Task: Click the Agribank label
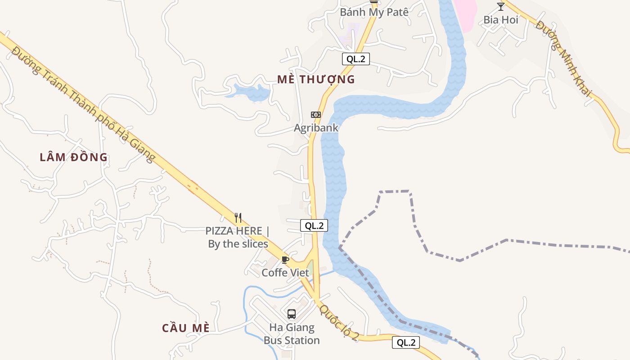(316, 128)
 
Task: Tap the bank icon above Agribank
(316, 115)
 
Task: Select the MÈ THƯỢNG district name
(316, 80)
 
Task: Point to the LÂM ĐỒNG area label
(74, 157)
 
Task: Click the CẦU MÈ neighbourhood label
(186, 328)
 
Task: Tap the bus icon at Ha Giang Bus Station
(292, 314)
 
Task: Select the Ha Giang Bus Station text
(292, 334)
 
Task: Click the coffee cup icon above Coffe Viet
(285, 260)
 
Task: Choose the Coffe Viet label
(285, 273)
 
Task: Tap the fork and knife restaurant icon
(238, 218)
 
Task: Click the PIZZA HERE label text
(238, 237)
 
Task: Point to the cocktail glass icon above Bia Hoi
(501, 6)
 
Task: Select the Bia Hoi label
(501, 20)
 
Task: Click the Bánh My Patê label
(374, 12)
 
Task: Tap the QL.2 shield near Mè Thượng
(355, 59)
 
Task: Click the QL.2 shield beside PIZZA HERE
(314, 226)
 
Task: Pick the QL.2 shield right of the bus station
(405, 342)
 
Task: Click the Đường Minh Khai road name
(563, 58)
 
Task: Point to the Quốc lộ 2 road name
(339, 323)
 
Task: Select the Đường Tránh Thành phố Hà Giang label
(83, 104)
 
